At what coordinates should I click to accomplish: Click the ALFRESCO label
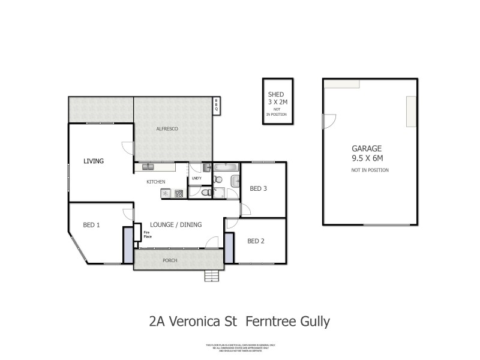167,129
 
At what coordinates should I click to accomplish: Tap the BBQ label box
217,105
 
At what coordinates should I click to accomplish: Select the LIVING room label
94,161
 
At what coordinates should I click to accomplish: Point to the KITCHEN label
156,182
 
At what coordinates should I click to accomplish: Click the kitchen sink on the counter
148,167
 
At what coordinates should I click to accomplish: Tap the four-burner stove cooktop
178,193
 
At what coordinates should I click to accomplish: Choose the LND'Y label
196,178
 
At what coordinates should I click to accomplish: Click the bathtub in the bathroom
226,169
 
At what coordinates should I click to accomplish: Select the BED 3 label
258,188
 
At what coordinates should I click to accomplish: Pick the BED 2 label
256,241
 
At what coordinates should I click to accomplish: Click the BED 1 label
91,225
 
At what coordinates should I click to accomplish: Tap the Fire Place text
147,234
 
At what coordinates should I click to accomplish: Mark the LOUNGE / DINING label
176,224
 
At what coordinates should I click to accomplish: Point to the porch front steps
211,276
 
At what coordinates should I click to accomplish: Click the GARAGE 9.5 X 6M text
367,153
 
